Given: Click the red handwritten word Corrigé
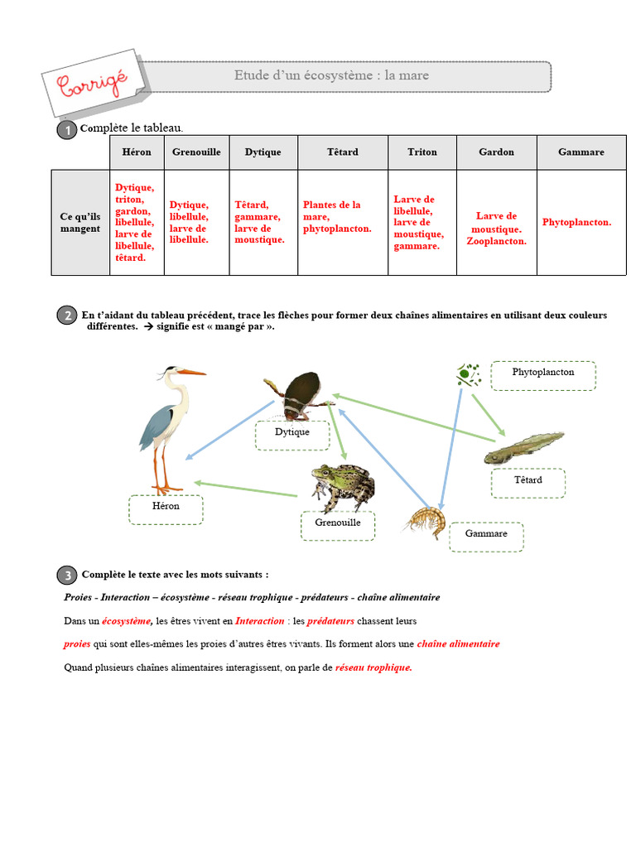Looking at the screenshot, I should (x=92, y=84).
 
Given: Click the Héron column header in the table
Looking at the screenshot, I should (x=137, y=152).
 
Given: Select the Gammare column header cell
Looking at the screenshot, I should (x=581, y=152).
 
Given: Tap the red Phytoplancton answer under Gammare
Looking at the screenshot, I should (x=576, y=223).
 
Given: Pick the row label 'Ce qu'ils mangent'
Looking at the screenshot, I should (x=80, y=223).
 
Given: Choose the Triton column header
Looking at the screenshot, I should (x=422, y=152).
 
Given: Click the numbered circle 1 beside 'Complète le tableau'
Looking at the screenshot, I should (x=65, y=130).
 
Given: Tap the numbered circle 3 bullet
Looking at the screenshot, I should (x=65, y=576).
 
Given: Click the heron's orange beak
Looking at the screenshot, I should (x=193, y=373).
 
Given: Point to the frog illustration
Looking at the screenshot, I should (x=342, y=486).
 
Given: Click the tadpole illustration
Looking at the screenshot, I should (x=523, y=448).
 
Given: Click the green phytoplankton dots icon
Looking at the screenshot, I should (x=468, y=375).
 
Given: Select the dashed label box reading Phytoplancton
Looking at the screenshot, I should (x=542, y=375).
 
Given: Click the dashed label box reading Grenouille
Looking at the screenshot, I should (x=338, y=525).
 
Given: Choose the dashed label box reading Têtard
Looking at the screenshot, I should (x=528, y=482).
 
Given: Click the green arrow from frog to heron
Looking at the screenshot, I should (x=245, y=489).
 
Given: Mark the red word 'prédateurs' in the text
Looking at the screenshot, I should (x=330, y=621).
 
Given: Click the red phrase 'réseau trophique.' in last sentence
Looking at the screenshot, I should (x=373, y=667).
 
